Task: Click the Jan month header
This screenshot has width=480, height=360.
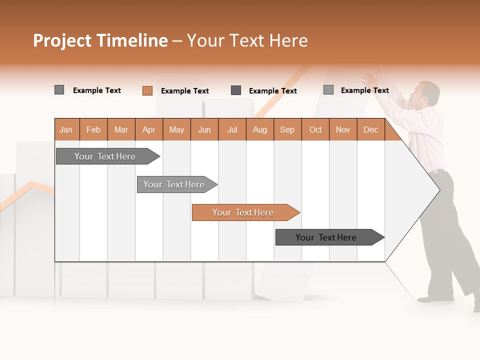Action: tap(66, 129)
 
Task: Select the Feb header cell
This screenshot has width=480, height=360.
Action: tap(93, 129)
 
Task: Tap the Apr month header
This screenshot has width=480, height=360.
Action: tap(149, 129)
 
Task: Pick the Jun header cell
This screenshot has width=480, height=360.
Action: tap(204, 129)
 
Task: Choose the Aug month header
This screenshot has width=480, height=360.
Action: tap(260, 129)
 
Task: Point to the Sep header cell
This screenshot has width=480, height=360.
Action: tap(287, 129)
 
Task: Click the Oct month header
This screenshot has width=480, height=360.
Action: tap(315, 129)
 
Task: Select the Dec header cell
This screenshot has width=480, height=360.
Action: tap(371, 129)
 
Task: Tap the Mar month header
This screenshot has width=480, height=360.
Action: tap(121, 129)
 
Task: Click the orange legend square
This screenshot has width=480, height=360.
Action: tap(147, 90)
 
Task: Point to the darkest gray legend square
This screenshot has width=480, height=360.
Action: tap(236, 90)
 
